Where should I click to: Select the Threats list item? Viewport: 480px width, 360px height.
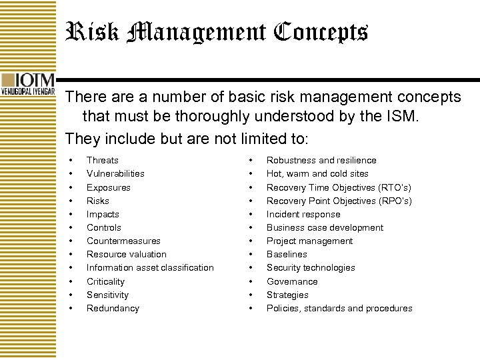point(102,160)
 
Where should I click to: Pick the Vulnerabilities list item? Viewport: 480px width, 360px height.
point(115,173)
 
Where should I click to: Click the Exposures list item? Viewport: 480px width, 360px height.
point(108,187)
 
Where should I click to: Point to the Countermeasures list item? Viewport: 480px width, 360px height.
point(123,241)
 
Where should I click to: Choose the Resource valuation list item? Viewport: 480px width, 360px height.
point(126,254)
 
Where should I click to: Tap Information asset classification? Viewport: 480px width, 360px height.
point(150,267)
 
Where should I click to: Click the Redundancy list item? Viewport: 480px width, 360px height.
point(113,308)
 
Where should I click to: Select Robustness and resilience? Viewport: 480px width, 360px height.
point(321,160)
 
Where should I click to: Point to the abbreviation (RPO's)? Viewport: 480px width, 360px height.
point(395,201)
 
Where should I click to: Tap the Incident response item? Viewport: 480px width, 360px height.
point(303,214)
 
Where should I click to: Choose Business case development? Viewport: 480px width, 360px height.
point(325,227)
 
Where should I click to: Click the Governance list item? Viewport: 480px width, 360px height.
point(292,281)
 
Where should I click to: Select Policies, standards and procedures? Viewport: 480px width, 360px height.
point(339,308)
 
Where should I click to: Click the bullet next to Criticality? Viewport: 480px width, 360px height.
point(71,281)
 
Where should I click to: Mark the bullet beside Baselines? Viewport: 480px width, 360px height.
point(251,254)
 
